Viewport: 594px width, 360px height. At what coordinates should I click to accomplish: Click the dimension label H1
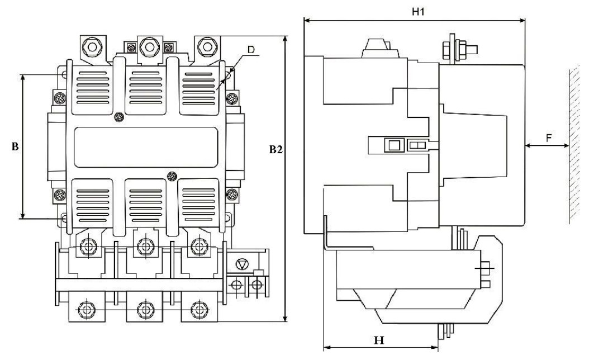point(418,11)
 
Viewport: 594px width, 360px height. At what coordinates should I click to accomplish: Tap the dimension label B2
point(276,149)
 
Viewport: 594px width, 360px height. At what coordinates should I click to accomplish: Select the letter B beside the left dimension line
point(15,146)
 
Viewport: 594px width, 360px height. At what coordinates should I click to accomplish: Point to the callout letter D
point(251,50)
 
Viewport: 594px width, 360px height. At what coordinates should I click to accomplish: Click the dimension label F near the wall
point(549,138)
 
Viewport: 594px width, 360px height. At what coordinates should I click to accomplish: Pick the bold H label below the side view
point(379,340)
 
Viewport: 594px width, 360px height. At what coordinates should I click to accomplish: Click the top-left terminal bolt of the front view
point(91,46)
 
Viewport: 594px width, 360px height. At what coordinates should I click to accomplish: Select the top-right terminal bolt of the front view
point(207,46)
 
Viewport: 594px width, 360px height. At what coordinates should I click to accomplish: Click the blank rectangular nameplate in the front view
point(146,148)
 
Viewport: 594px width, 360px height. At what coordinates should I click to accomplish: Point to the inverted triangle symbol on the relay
point(241,264)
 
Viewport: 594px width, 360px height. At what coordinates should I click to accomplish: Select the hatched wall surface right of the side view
point(574,144)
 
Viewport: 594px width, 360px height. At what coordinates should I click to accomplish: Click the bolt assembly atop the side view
point(459,49)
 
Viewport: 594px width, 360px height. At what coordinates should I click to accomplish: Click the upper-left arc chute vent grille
point(92,88)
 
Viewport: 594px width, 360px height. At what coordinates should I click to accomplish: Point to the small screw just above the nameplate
point(119,117)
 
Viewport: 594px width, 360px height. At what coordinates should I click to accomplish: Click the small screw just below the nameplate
point(172,176)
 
